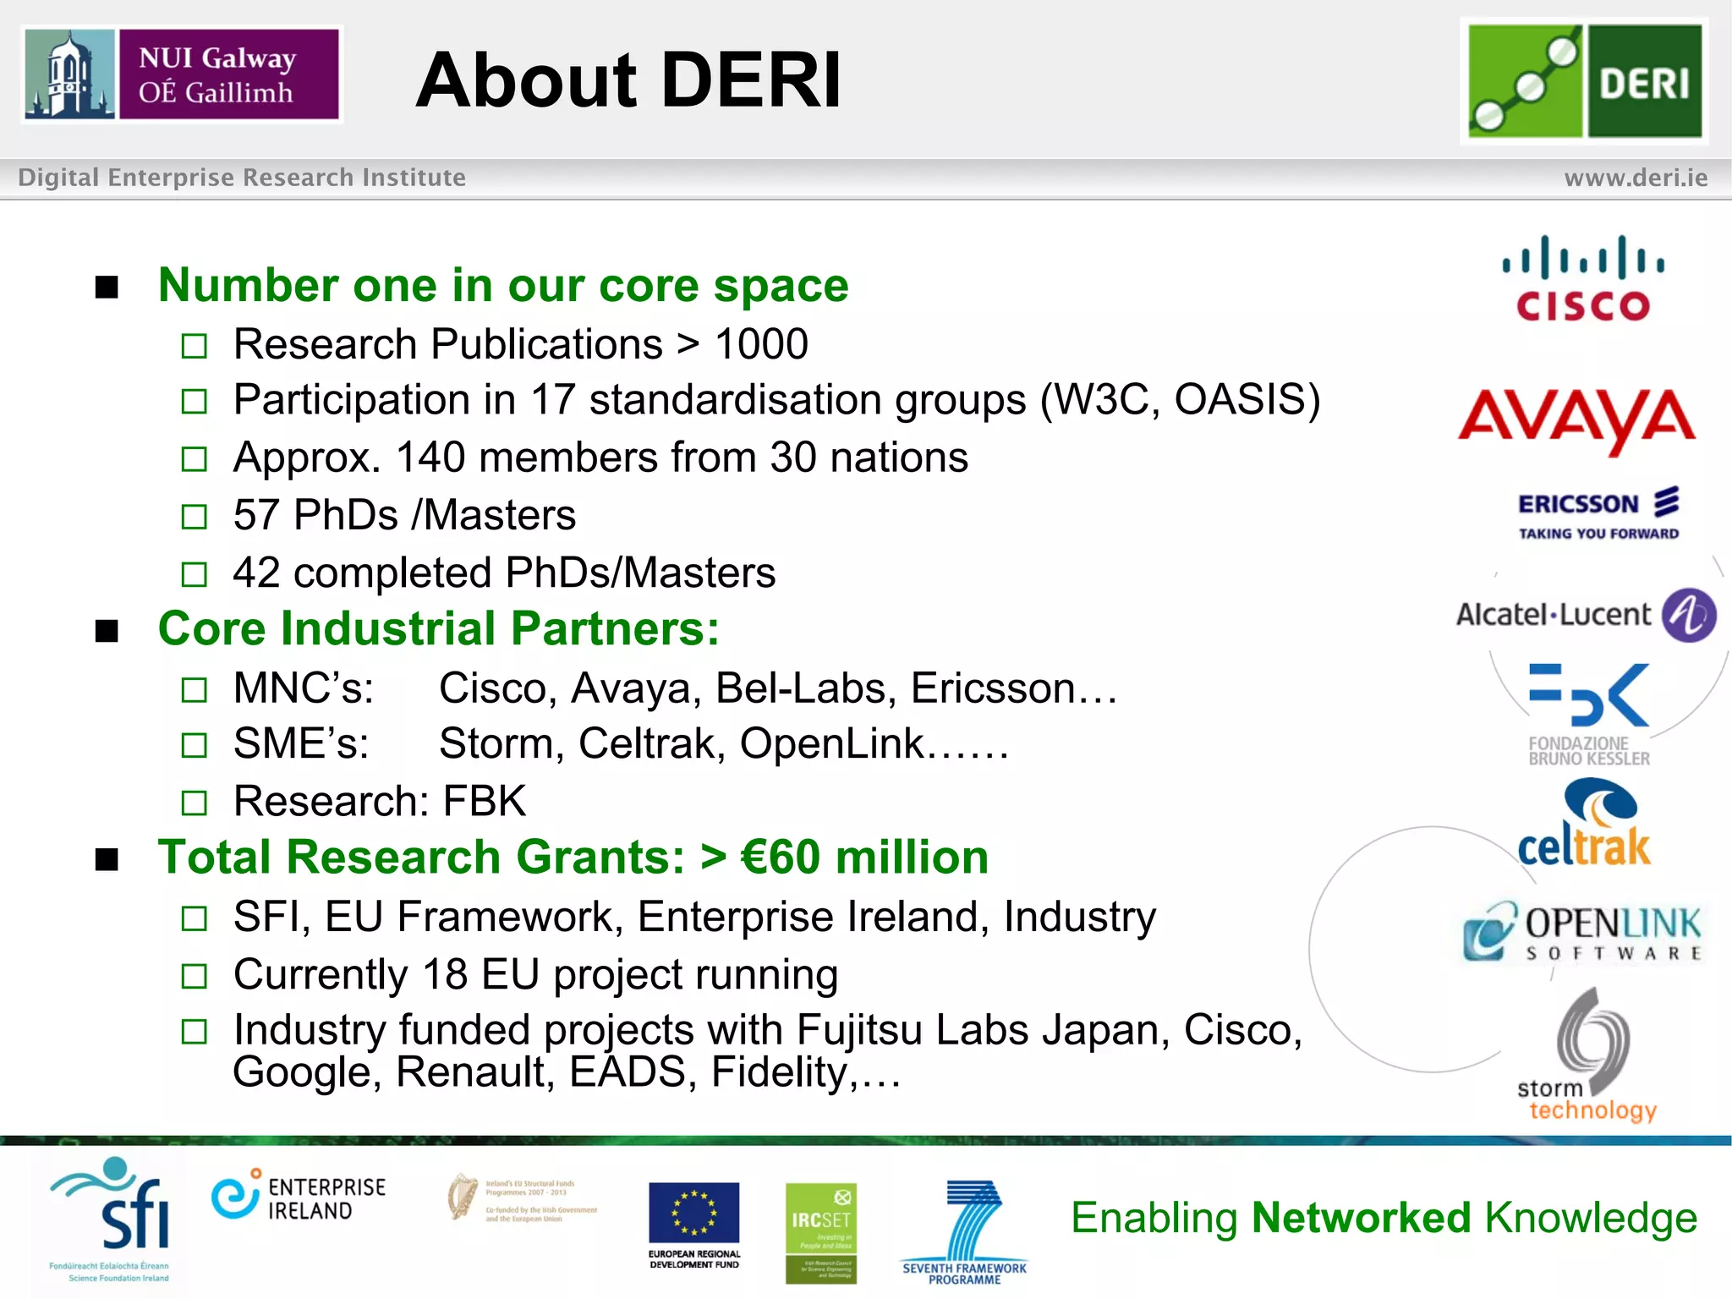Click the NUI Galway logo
click(x=182, y=74)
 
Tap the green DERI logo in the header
click(x=1585, y=81)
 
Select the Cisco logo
click(x=1582, y=279)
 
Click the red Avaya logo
click(x=1576, y=419)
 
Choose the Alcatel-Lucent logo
click(x=1586, y=615)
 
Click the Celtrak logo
click(x=1586, y=825)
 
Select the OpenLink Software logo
click(x=1582, y=932)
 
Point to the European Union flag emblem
click(x=693, y=1214)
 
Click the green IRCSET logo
click(x=820, y=1232)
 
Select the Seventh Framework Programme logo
click(x=966, y=1231)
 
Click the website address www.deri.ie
click(x=1636, y=178)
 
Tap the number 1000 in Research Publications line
click(x=761, y=344)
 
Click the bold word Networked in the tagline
click(x=1362, y=1218)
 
